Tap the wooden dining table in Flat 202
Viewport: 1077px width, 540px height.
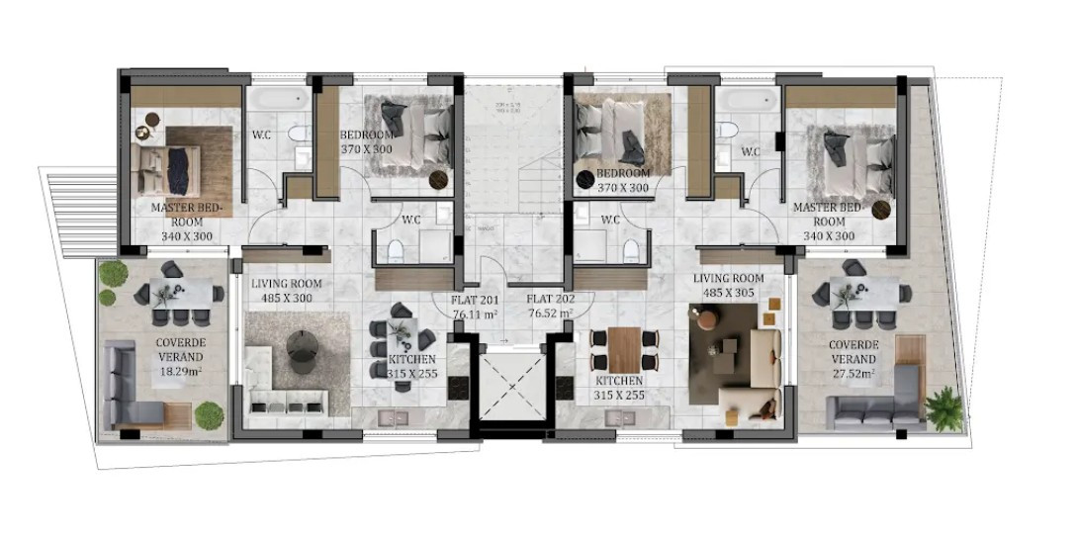625,346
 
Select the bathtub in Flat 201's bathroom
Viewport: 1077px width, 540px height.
276,102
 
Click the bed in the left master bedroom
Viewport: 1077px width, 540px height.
167,168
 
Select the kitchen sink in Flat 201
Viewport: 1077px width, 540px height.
393,417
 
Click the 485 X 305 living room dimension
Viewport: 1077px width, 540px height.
729,293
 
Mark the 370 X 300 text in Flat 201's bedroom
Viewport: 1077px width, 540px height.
368,149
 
